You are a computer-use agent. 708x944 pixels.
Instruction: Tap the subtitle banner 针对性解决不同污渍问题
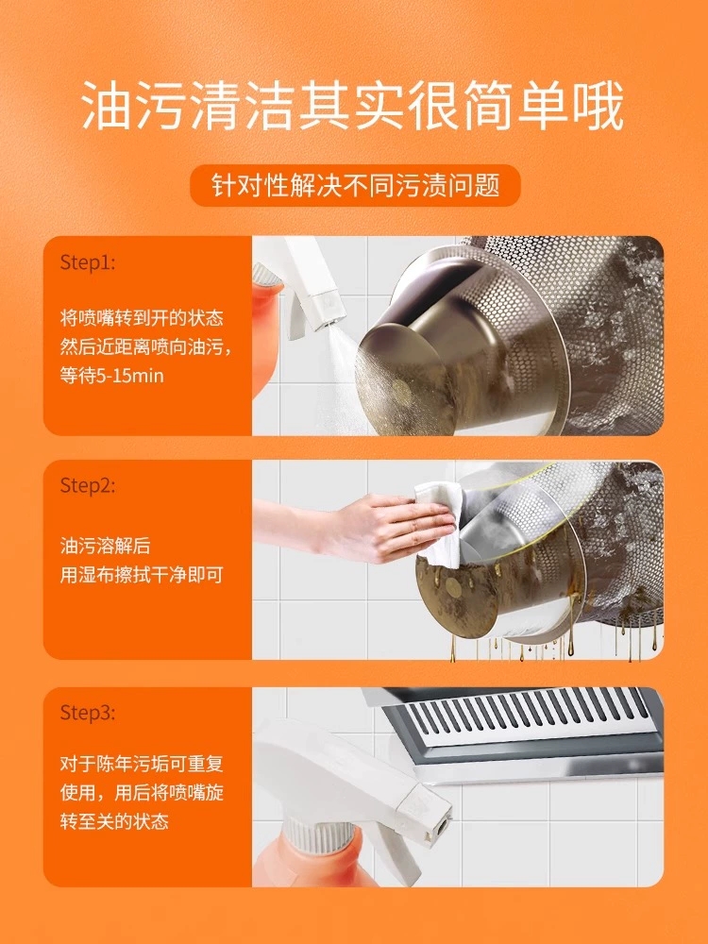click(354, 185)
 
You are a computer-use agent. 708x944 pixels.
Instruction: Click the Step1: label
click(87, 262)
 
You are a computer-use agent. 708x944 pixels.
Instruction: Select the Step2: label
click(87, 486)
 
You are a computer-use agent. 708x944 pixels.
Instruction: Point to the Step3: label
click(87, 713)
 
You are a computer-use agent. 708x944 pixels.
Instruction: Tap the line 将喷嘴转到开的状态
click(141, 318)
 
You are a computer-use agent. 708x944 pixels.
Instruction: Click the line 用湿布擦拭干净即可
click(141, 574)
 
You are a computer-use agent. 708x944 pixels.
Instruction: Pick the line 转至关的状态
click(112, 821)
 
